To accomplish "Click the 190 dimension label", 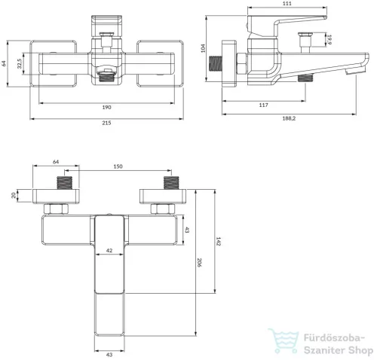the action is [106, 108].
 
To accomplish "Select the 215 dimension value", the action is [106, 123].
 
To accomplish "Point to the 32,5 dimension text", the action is [20, 63].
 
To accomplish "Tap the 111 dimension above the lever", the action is [287, 3].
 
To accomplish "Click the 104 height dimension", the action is [203, 48].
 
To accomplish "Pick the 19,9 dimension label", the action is [329, 40].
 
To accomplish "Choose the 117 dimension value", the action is [263, 105].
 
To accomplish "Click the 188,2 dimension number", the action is [289, 118].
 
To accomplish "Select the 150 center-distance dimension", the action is [118, 166].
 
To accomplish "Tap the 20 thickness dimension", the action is [14, 195].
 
